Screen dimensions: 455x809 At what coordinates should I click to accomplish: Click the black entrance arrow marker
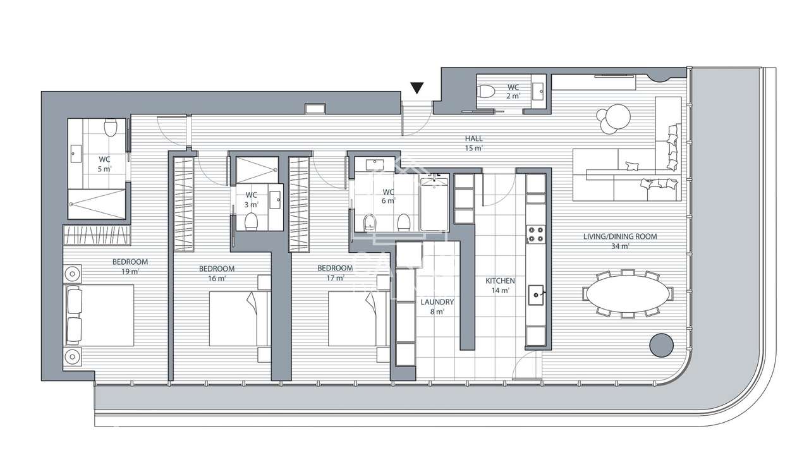click(417, 88)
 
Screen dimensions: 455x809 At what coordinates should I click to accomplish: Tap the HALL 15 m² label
click(474, 143)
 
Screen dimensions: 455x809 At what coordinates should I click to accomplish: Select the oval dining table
click(628, 293)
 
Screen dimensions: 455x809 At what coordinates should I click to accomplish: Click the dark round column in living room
click(661, 345)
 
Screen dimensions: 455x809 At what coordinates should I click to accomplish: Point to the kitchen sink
click(536, 293)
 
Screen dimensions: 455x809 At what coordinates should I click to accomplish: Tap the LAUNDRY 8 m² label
click(437, 306)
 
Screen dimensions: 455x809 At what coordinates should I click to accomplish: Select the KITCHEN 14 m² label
click(500, 285)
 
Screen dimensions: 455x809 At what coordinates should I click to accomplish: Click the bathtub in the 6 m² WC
click(434, 204)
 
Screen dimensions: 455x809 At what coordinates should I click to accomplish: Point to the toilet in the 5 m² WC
click(111, 129)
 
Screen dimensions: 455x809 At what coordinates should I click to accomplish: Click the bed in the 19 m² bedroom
click(99, 315)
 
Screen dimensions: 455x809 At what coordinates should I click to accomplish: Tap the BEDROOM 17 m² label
click(335, 272)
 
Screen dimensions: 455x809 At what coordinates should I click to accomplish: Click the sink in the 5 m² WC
click(76, 151)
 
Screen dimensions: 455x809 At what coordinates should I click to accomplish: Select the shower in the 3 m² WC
click(257, 169)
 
